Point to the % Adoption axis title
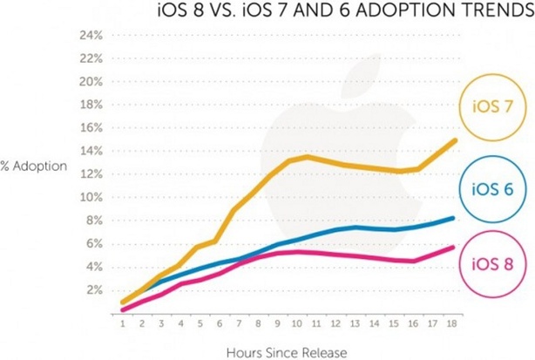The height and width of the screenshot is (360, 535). pos(33,166)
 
